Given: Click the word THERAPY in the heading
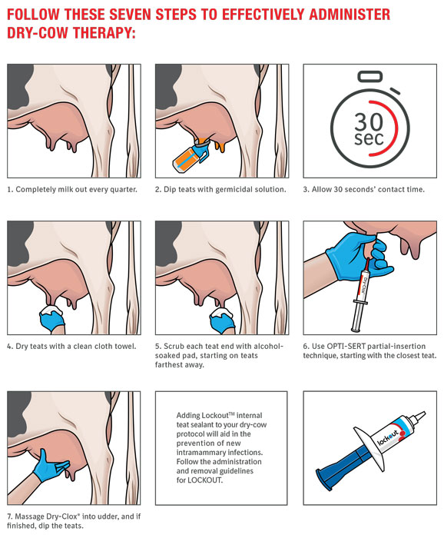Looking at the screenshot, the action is tap(102, 33).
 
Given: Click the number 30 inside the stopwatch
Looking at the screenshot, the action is tap(369, 121).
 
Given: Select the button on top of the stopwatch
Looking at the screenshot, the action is tap(370, 76).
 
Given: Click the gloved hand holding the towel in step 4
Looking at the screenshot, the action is tap(51, 320).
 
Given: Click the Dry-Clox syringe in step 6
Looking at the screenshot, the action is tap(361, 294).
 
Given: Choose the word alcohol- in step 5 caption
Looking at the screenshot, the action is tap(268, 346).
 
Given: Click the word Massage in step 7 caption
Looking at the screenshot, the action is tap(29, 516).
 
